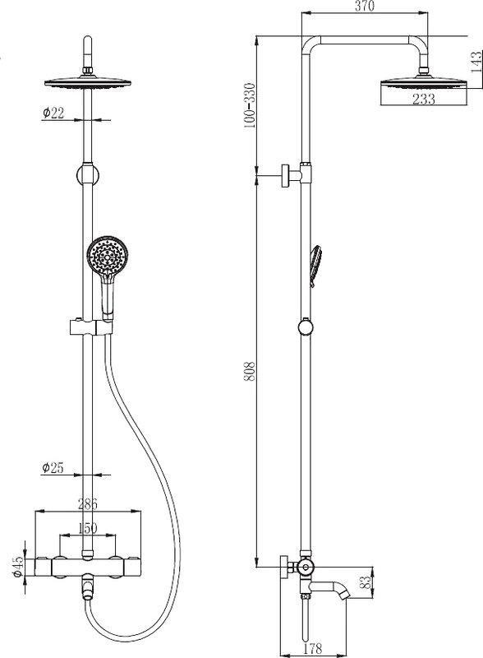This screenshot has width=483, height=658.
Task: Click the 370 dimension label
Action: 365,6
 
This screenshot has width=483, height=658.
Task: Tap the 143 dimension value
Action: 476,63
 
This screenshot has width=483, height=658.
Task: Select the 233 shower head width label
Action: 424,100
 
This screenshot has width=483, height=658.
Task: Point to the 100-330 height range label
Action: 250,105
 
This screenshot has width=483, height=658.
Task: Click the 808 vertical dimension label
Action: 250,371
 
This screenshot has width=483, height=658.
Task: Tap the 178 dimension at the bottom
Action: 312,649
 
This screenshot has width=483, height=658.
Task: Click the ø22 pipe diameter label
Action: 53,113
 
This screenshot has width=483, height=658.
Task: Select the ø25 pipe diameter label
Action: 53,467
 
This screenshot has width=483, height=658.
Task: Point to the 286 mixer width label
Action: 88,503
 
